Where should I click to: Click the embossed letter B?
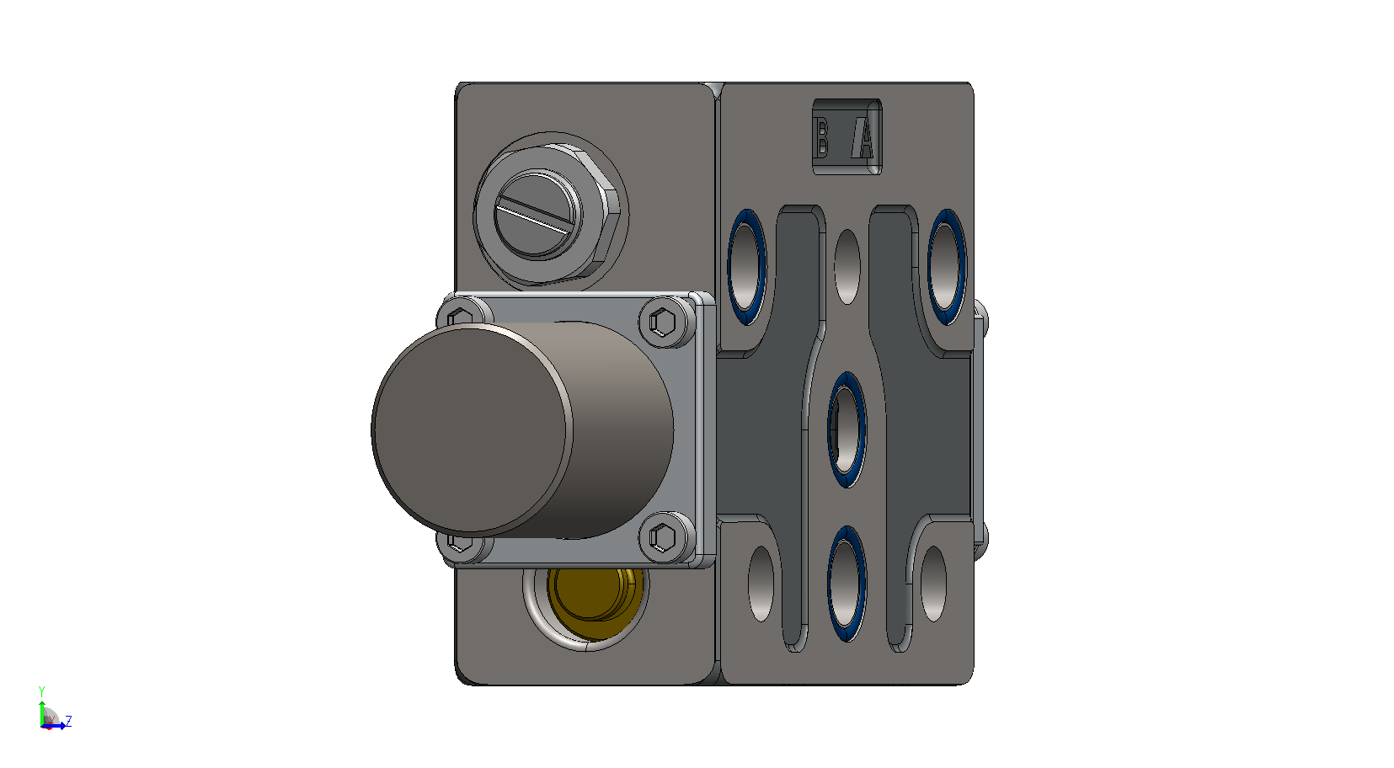click(x=821, y=137)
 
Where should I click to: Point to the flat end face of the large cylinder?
click(x=472, y=429)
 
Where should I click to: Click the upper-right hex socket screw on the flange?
click(x=663, y=323)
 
